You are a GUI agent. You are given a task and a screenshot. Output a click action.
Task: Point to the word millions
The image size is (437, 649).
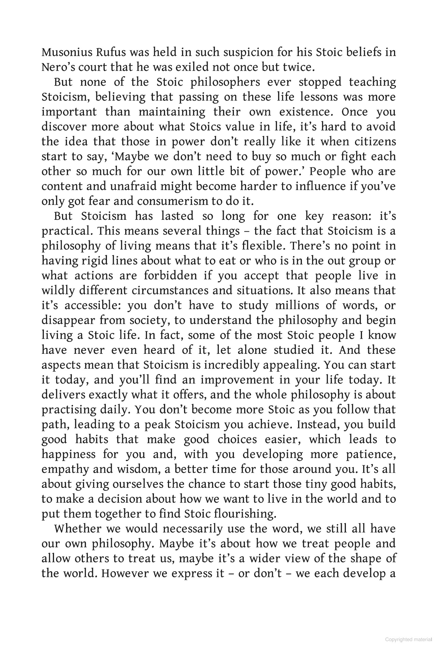point(297,305)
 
